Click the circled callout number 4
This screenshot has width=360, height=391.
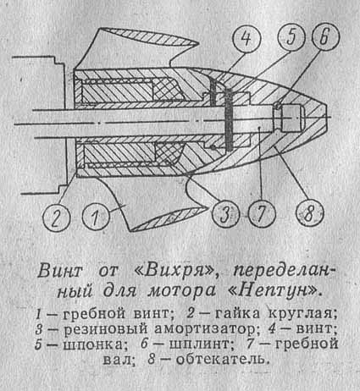pos(246,39)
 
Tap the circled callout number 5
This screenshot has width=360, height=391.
pos(291,37)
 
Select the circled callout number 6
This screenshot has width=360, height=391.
pos(325,37)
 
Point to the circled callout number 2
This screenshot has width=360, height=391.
pos(56,218)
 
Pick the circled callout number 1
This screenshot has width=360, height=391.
pos(96,218)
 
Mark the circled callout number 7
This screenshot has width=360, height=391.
pos(261,214)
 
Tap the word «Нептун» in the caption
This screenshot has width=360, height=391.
pos(275,290)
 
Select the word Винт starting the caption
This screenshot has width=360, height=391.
pos(60,271)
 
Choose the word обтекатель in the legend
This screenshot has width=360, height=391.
pos(221,360)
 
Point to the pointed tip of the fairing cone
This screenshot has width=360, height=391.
pos(327,116)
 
